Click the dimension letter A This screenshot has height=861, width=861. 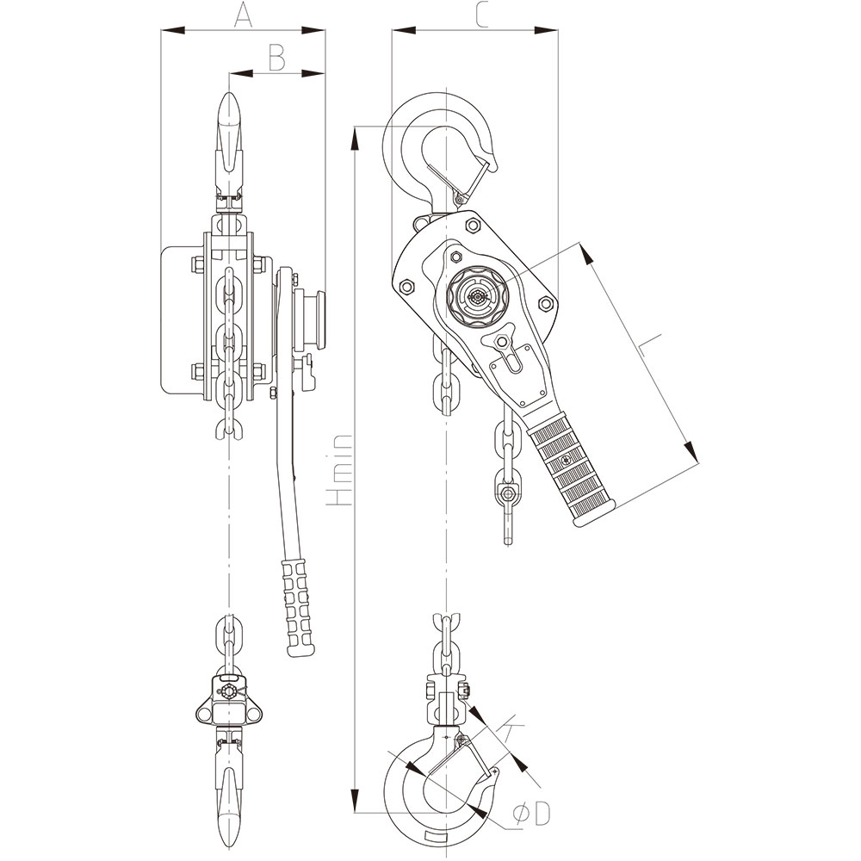(x=243, y=15)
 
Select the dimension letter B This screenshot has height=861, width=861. (x=276, y=58)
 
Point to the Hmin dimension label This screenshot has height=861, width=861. (x=342, y=468)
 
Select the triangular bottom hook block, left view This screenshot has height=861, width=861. (x=227, y=700)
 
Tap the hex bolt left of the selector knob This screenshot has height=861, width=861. (x=406, y=285)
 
